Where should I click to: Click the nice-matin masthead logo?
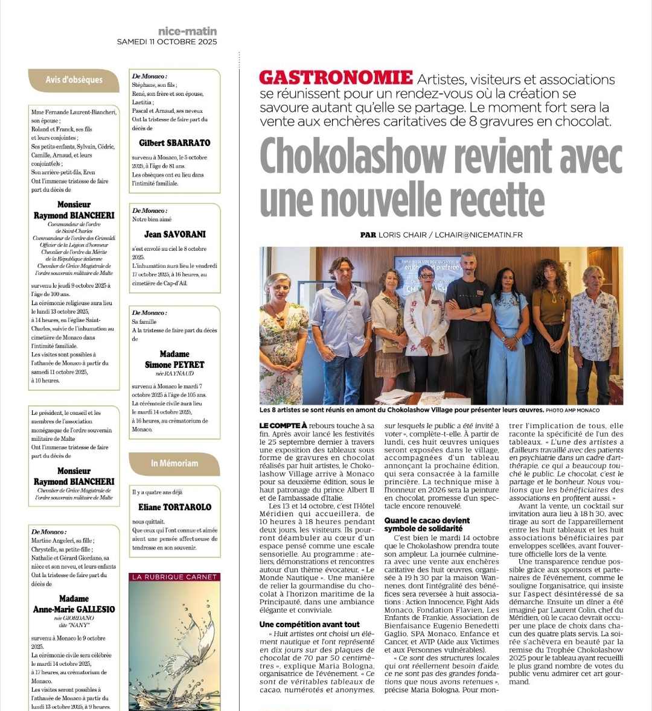point(187,31)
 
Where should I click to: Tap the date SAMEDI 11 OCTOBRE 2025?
point(167,42)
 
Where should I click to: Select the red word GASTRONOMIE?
point(336,78)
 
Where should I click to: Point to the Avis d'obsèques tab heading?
point(74,80)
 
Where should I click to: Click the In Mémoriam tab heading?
point(174,463)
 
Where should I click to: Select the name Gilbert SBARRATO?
point(174,143)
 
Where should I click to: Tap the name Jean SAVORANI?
point(174,234)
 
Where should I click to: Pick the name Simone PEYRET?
point(174,365)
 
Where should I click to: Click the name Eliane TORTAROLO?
point(174,507)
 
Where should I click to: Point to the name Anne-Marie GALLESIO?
point(74,609)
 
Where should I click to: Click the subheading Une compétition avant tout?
point(309,624)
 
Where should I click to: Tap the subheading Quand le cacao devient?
point(427,520)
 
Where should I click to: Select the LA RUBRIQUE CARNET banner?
point(174,577)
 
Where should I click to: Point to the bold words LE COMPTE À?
point(283,426)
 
